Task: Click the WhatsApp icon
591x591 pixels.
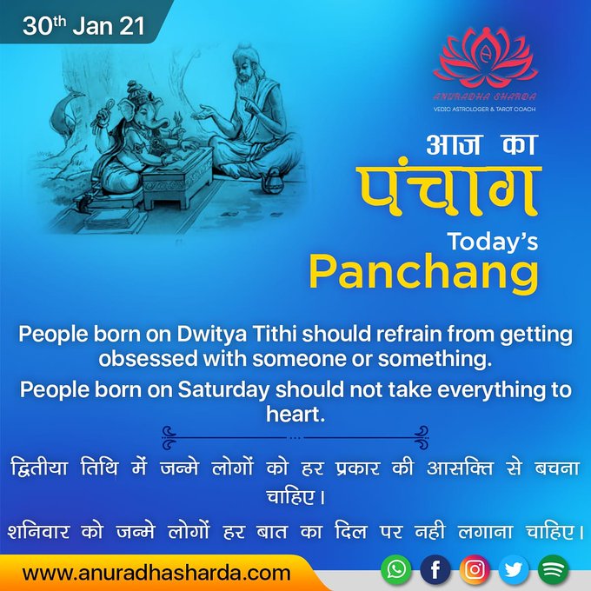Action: (395, 569)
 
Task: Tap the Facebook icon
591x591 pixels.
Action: (435, 569)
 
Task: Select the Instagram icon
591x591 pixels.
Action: (475, 569)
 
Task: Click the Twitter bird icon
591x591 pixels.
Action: (514, 569)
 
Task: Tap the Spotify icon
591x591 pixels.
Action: (553, 569)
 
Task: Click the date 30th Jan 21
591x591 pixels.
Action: (83, 25)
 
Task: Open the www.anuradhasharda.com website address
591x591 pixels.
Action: (156, 573)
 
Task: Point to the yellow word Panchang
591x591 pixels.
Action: (423, 272)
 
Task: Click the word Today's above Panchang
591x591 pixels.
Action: (493, 242)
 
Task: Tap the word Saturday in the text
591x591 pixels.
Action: (223, 389)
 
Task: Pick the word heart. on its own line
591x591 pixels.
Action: (295, 414)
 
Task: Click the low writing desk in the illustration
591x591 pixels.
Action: (177, 177)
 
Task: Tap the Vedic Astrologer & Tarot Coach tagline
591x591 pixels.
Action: (484, 110)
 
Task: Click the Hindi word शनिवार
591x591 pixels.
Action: (38, 532)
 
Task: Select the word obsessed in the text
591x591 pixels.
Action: (148, 359)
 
